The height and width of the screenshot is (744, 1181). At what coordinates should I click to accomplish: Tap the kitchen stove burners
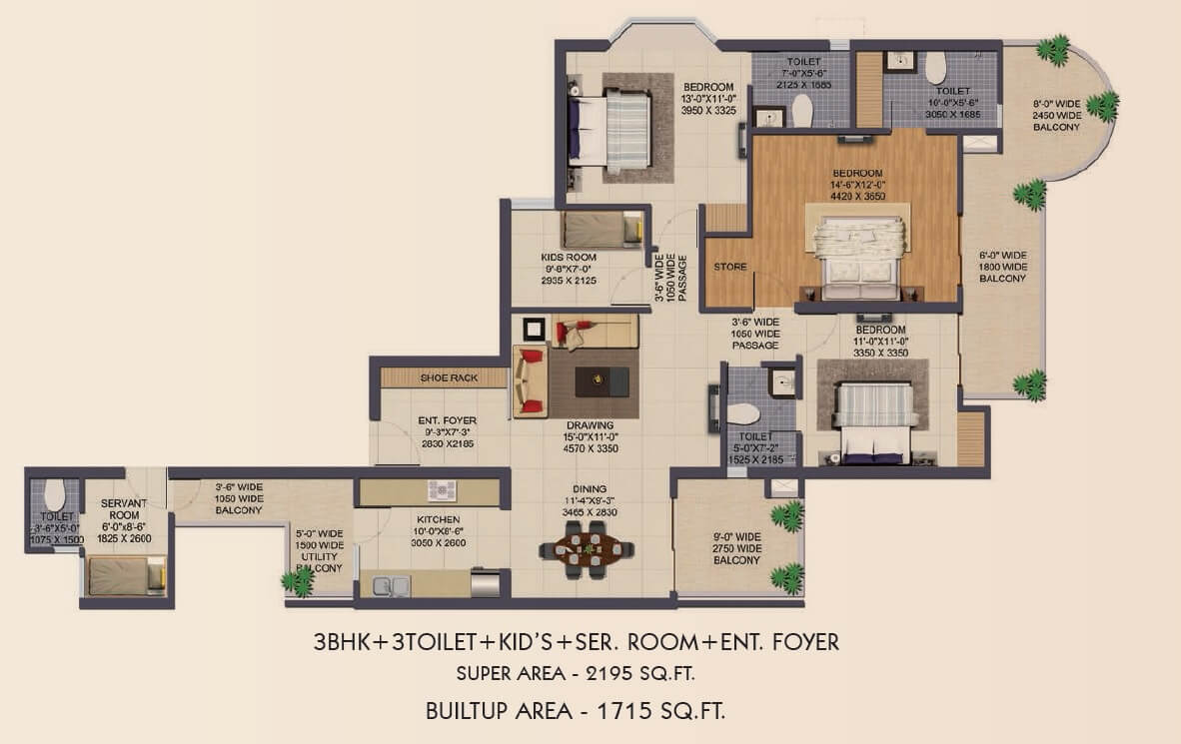(x=442, y=491)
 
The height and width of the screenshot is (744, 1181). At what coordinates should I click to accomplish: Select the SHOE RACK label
(x=449, y=378)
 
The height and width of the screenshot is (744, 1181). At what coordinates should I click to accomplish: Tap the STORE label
(x=729, y=268)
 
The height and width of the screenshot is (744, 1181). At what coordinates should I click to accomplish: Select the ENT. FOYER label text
(x=447, y=420)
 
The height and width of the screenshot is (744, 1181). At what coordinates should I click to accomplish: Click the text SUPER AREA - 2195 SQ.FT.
(x=576, y=673)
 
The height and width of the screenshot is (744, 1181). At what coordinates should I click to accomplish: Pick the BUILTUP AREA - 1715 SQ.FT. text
(x=576, y=711)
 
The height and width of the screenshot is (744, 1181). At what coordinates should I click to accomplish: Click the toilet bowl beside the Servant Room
(x=55, y=493)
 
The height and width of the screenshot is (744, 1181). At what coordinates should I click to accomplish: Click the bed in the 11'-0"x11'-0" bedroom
(x=876, y=424)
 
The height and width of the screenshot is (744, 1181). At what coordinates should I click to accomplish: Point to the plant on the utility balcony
(x=296, y=579)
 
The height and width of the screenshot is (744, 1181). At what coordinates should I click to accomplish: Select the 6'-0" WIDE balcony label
(x=1002, y=267)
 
